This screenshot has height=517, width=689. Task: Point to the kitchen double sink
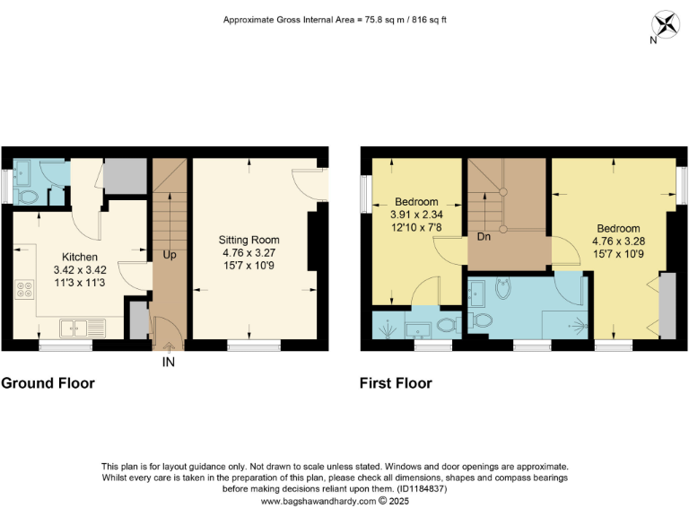pos(82,328)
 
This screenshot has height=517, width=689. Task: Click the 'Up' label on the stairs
pos(169,255)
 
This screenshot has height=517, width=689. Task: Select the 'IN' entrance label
pos(168,362)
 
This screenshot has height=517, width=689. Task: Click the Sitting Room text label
pos(249,240)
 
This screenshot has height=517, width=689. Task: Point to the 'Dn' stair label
pos(484,238)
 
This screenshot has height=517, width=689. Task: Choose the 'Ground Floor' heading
pos(48,383)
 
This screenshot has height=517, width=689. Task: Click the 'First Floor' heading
pos(396,383)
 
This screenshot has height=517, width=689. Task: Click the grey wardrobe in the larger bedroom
pos(666,307)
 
